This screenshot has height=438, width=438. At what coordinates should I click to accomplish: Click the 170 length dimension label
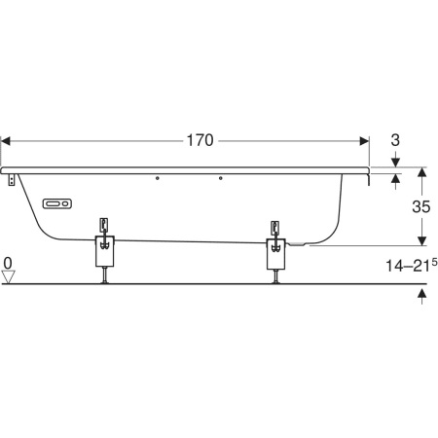201,140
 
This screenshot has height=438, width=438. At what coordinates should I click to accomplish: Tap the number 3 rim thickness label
395,140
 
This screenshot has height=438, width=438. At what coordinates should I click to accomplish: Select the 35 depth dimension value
421,206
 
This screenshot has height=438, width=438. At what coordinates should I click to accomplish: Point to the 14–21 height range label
411,265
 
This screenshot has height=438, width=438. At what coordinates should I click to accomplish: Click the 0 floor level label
8,263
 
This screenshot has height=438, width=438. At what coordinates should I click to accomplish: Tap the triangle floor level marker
8,277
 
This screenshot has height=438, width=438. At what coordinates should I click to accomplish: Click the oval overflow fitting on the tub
57,203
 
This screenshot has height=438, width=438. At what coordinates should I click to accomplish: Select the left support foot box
105,251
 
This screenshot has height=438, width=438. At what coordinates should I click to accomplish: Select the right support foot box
276,254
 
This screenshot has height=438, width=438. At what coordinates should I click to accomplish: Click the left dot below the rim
158,178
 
